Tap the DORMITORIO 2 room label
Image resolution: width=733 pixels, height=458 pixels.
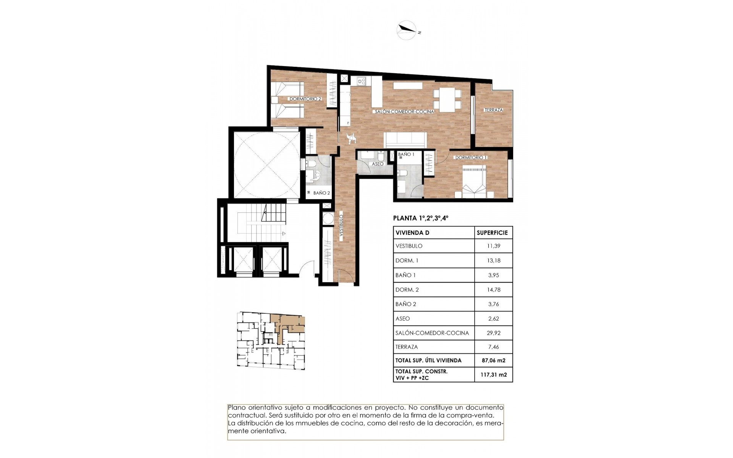pyautogui.click(x=305, y=99)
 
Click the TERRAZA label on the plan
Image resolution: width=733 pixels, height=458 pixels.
pyautogui.click(x=493, y=110)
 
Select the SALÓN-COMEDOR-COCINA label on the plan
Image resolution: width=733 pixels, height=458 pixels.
pyautogui.click(x=404, y=112)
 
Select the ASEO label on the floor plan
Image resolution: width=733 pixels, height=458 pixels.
pyautogui.click(x=377, y=164)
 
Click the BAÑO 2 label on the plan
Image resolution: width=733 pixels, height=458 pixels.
pyautogui.click(x=321, y=193)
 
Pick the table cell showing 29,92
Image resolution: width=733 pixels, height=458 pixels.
pyautogui.click(x=494, y=333)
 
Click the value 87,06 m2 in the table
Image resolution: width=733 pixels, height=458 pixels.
pyautogui.click(x=494, y=360)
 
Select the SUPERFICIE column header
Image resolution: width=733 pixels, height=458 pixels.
pyautogui.click(x=492, y=232)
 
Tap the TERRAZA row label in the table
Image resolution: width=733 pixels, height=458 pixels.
pyautogui.click(x=407, y=347)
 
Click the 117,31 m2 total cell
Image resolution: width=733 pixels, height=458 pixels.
pyautogui.click(x=494, y=374)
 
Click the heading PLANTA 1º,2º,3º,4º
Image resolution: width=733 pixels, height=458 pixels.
pyautogui.click(x=421, y=219)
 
